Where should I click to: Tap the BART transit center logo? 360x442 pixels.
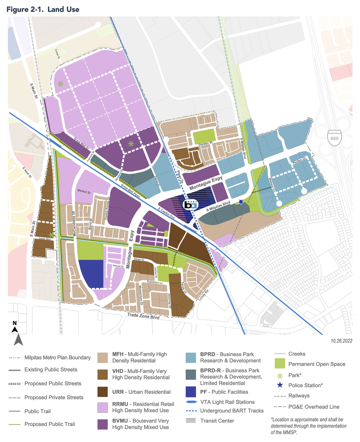[x=191, y=204]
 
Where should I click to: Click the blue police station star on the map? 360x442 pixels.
[x=241, y=202]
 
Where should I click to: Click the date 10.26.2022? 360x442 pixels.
[x=341, y=341]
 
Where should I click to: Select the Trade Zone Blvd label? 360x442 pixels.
[x=143, y=315]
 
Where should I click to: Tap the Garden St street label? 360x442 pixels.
[x=206, y=144]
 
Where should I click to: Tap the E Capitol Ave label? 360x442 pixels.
[x=165, y=213]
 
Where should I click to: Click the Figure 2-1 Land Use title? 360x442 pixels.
[x=43, y=9]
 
